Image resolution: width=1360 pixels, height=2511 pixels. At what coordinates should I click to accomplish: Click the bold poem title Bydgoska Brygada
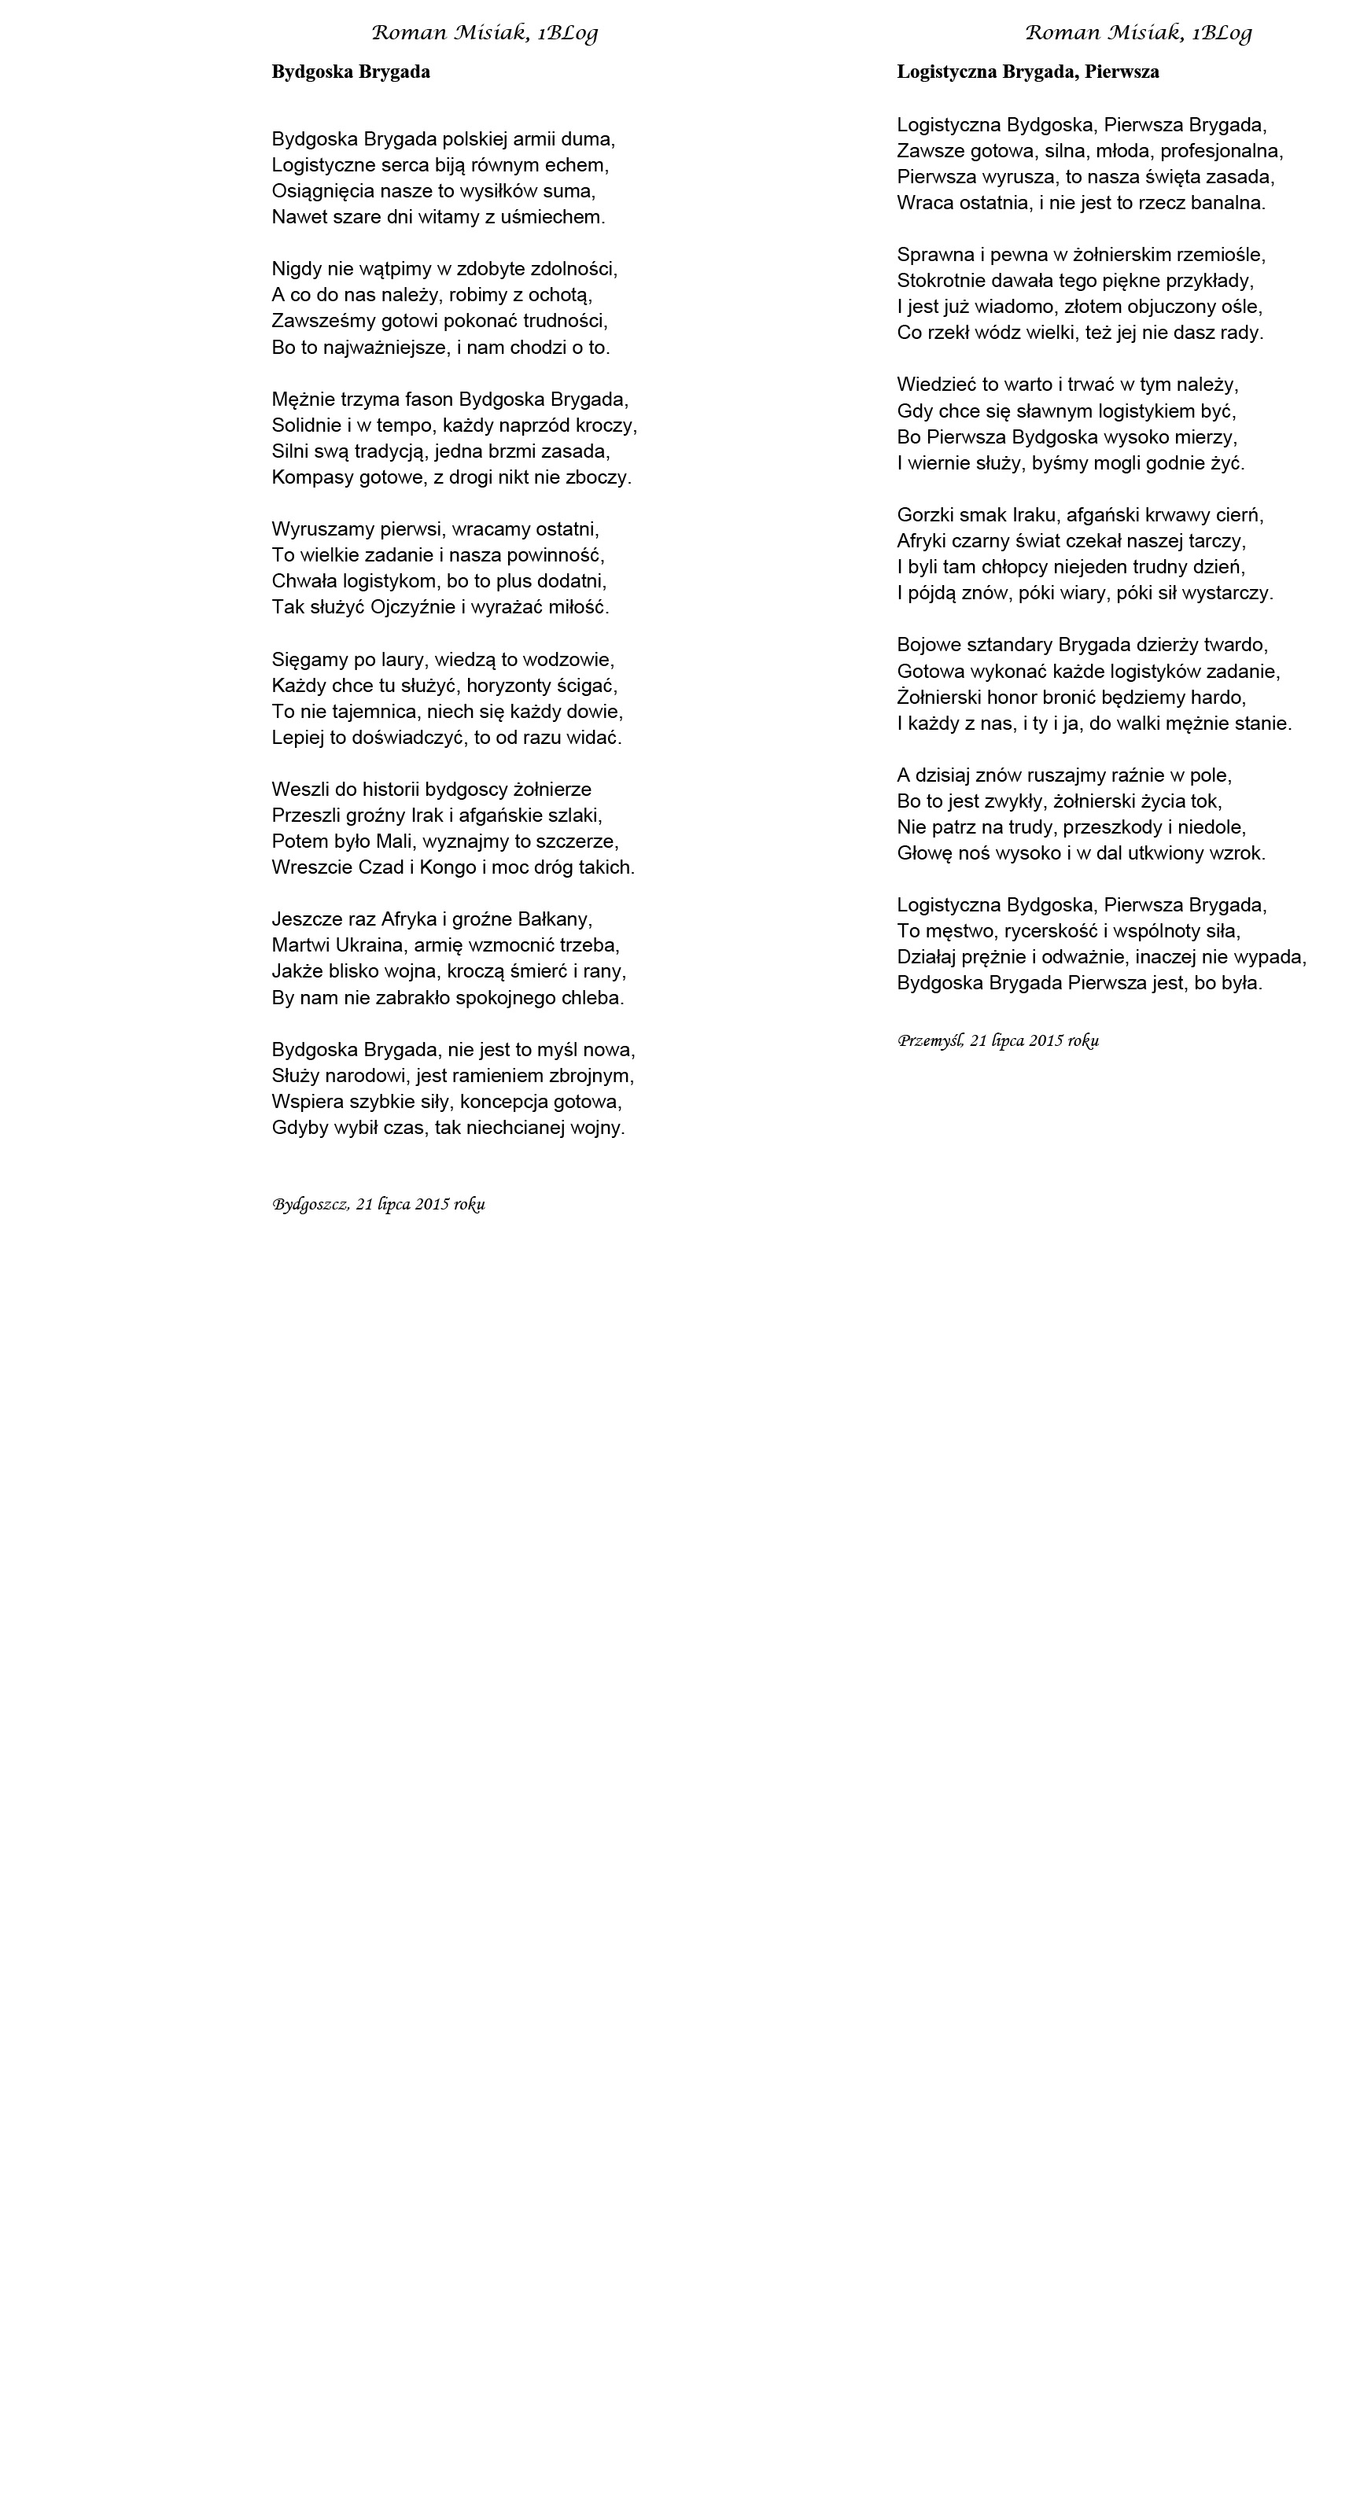click(351, 72)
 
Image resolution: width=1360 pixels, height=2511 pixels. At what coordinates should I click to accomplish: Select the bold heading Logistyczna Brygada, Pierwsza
click(1027, 72)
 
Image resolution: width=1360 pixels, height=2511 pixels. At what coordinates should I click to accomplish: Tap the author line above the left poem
click(485, 33)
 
